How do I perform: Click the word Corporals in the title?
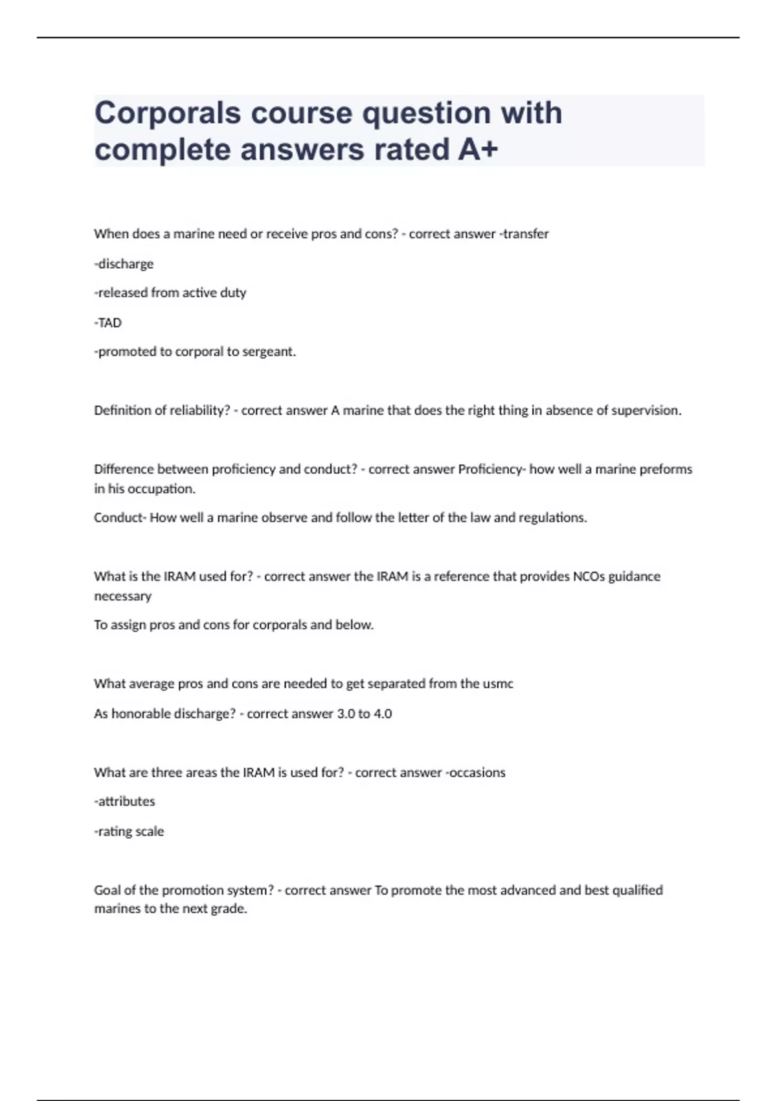point(168,113)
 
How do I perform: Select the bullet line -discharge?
point(124,264)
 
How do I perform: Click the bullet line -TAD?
point(107,323)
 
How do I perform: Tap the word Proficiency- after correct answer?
point(491,469)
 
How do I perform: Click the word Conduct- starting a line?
point(120,517)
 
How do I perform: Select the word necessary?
point(122,596)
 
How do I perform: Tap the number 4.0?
point(383,714)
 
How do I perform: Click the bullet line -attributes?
point(124,802)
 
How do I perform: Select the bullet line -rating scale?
point(129,832)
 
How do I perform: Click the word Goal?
point(108,891)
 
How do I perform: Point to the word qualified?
point(637,891)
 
